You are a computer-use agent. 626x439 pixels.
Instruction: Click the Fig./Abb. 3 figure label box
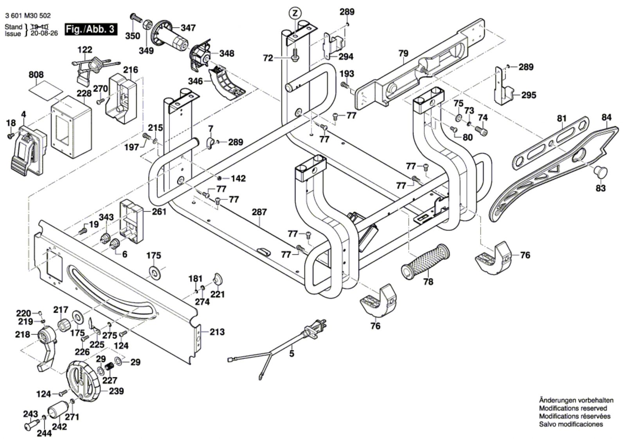coord(91,29)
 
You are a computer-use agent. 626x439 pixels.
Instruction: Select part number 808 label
coord(36,75)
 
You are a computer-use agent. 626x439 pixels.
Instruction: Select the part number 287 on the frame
coord(259,212)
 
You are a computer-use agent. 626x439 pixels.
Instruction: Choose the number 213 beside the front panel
coord(217,332)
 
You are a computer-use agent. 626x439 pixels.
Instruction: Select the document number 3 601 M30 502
coord(28,16)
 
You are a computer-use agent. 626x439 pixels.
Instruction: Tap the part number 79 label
coord(403,53)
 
